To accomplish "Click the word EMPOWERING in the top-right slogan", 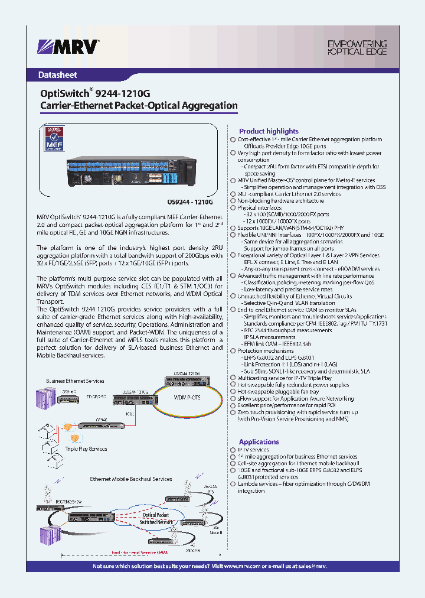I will pyautogui.click(x=357, y=44).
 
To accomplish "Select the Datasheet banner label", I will pyautogui.click(x=57, y=76).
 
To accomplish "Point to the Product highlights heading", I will pyautogui.click(x=269, y=131).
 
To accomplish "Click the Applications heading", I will pyautogui.click(x=259, y=442).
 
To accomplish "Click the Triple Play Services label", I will pyautogui.click(x=86, y=449).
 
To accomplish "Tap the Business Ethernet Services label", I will pyautogui.click(x=75, y=381).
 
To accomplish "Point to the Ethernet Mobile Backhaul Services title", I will pyautogui.click(x=130, y=479).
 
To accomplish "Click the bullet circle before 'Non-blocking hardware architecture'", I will pyautogui.click(x=233, y=201).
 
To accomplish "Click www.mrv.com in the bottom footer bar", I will pyautogui.click(x=240, y=566).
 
